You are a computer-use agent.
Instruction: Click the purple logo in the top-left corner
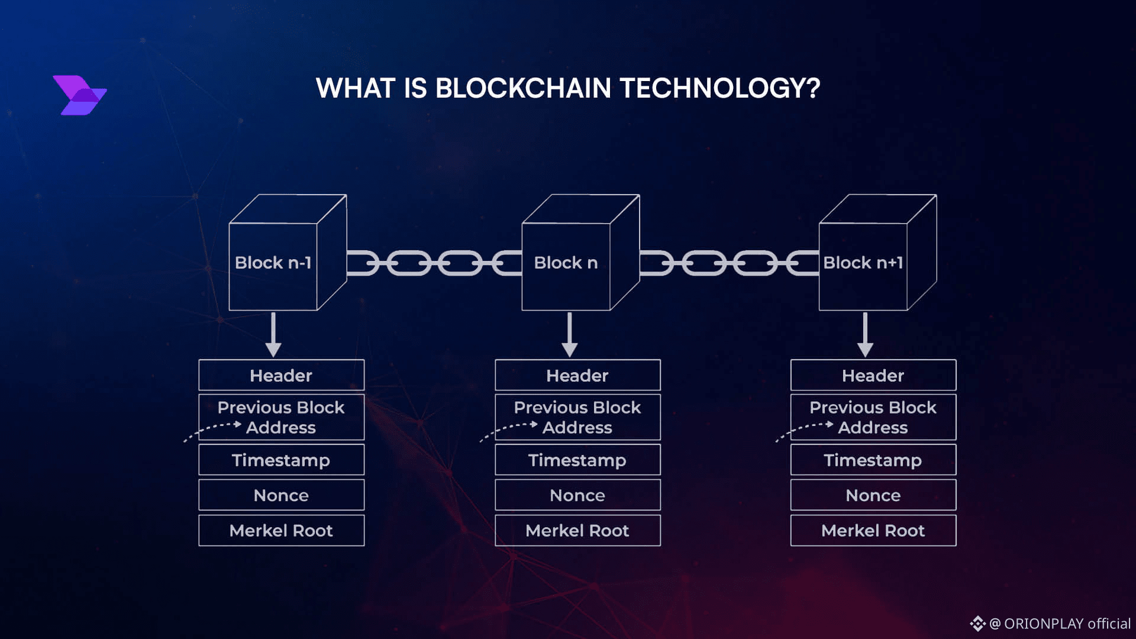(x=80, y=95)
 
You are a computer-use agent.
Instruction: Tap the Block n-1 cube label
(x=273, y=263)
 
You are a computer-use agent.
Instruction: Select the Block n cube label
(x=566, y=263)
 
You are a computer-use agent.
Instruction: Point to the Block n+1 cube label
(x=863, y=263)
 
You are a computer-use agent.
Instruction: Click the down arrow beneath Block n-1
(x=273, y=335)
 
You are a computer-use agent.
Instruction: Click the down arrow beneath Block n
(x=569, y=335)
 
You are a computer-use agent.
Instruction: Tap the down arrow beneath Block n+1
(x=865, y=335)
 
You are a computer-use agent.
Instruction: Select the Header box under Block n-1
(x=281, y=375)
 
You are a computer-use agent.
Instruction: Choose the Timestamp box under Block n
(x=577, y=460)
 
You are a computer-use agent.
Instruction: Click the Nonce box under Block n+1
(x=873, y=495)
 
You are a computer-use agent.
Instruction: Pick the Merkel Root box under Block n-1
(x=281, y=530)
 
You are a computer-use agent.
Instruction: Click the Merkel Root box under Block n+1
(x=873, y=530)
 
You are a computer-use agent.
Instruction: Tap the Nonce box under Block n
(x=577, y=495)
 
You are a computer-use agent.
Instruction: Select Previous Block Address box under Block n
(x=577, y=417)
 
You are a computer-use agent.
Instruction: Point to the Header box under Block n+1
(x=873, y=375)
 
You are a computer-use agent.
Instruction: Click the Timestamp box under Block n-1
(x=281, y=460)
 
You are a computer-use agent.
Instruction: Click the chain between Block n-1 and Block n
(x=434, y=263)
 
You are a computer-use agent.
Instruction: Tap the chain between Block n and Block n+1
(x=729, y=263)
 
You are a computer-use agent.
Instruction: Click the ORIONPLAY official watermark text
(x=1058, y=624)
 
